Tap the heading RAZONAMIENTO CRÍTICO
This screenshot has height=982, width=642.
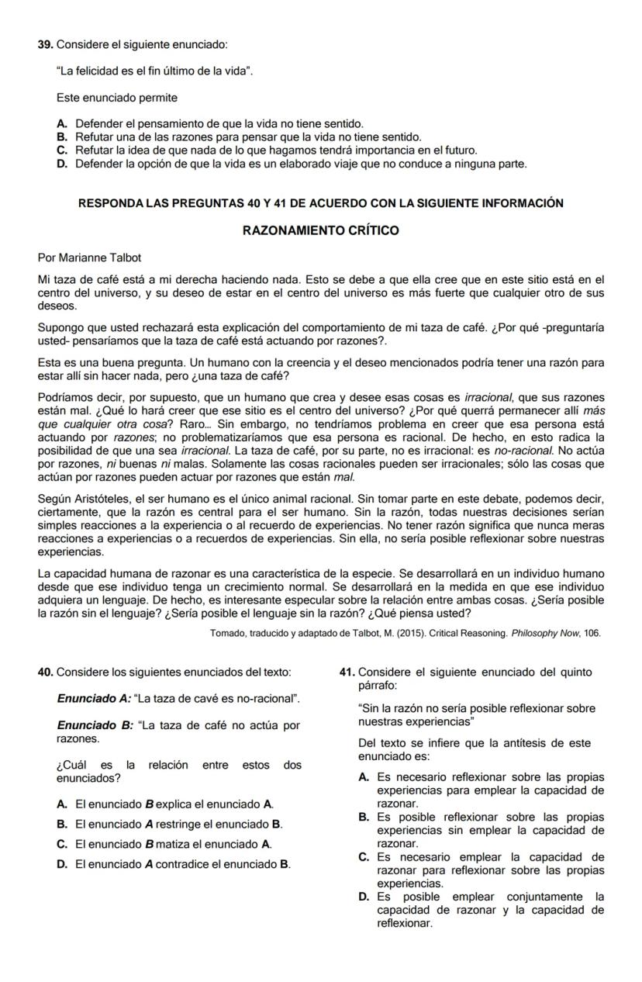320,231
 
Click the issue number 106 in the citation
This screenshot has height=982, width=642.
592,633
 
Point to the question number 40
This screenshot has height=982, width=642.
45,672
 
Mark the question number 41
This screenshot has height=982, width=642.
347,672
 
